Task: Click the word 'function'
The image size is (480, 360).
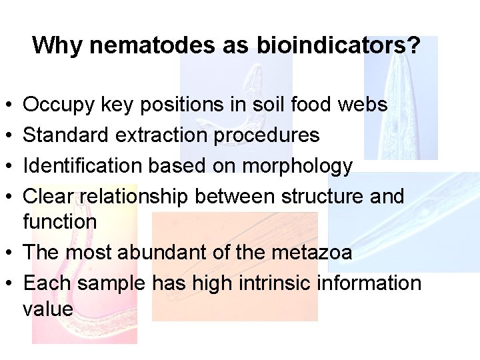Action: tap(60, 221)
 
